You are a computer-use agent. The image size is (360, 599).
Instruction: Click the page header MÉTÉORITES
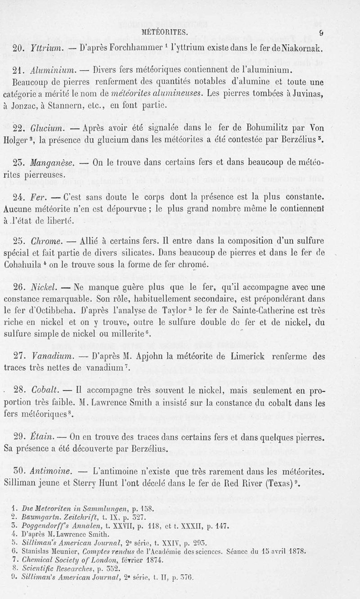click(165, 32)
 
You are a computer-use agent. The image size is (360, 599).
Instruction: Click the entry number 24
click(18, 198)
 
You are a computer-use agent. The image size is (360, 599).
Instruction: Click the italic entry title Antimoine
click(47, 472)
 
